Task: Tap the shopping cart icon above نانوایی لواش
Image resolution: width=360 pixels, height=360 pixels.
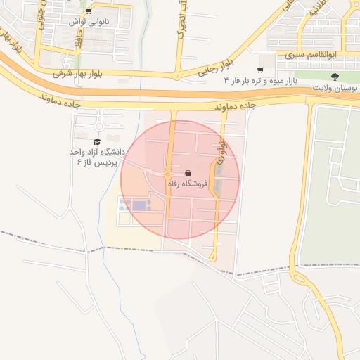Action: coord(88,12)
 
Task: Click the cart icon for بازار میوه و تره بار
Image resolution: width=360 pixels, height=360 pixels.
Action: coord(260,70)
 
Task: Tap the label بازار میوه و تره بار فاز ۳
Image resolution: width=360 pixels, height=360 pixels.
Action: coord(261,81)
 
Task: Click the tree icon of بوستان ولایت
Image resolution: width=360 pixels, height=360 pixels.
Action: coord(333,77)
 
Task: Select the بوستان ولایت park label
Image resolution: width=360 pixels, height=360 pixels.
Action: coord(334,87)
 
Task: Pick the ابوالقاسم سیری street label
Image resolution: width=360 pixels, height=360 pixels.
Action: coord(331,54)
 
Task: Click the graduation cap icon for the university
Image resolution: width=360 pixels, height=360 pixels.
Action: coord(97,141)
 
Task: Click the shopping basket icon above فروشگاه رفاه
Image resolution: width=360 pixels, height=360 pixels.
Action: coord(188,173)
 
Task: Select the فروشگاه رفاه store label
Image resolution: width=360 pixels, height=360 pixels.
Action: coord(188,184)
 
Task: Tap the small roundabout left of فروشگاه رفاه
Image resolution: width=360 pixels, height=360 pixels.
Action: coord(167,174)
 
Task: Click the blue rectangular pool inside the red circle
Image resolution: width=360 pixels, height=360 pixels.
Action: coord(141,206)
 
